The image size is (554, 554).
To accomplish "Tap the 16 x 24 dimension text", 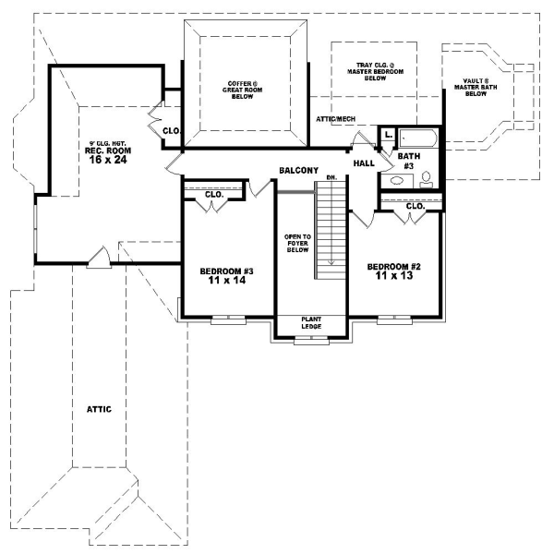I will [106, 160].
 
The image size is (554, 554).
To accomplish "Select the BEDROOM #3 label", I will [227, 271].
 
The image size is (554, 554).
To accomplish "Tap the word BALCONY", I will [299, 171].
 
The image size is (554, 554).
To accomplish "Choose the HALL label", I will [363, 163].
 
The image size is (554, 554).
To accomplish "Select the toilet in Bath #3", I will [426, 181].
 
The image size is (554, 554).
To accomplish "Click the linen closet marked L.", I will [388, 136].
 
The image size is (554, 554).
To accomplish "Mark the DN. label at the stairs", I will [319, 178].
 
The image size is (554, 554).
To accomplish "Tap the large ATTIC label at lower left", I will [100, 408].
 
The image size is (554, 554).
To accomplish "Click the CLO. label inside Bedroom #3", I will [214, 195].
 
